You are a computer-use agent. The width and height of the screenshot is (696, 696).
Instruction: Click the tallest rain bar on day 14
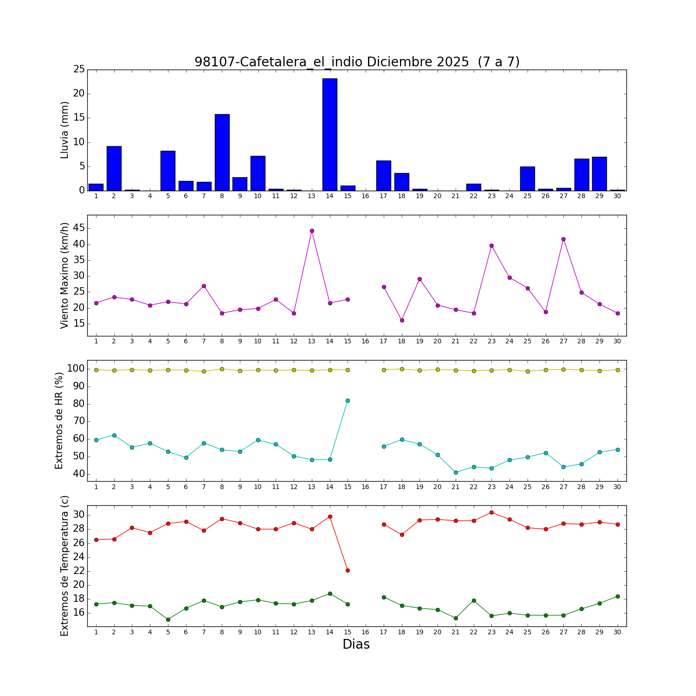[330, 135]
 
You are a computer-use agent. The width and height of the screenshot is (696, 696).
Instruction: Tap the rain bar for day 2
[114, 168]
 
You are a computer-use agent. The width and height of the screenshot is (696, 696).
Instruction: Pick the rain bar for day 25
[527, 179]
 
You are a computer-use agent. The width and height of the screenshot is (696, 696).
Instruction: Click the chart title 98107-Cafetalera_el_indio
[357, 62]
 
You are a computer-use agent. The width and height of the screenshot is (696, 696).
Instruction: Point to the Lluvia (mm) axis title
[65, 130]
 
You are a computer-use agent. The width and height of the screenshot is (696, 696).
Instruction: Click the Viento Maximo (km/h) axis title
[65, 275]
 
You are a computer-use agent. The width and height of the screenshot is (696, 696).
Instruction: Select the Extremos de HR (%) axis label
[59, 420]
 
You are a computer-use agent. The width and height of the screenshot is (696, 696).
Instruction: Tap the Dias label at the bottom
[356, 644]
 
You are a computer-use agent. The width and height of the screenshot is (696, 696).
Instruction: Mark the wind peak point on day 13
[312, 231]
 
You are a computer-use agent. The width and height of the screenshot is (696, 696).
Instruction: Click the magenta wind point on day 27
[563, 239]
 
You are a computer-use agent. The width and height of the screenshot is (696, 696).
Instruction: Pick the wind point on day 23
[491, 245]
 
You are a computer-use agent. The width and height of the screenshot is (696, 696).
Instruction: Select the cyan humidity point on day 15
[348, 400]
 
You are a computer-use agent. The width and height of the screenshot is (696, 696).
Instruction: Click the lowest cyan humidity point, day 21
[456, 472]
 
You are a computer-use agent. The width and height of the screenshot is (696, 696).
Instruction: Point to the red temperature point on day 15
[348, 570]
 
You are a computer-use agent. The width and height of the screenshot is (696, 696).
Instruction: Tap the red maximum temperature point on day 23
[491, 512]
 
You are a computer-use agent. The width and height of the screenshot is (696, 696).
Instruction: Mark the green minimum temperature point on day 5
[168, 619]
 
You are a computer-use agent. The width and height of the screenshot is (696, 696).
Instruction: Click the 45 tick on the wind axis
[79, 228]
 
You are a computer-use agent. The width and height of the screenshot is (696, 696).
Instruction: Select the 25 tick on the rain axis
[79, 70]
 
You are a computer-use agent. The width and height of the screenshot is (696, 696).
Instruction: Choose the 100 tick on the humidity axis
[76, 368]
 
